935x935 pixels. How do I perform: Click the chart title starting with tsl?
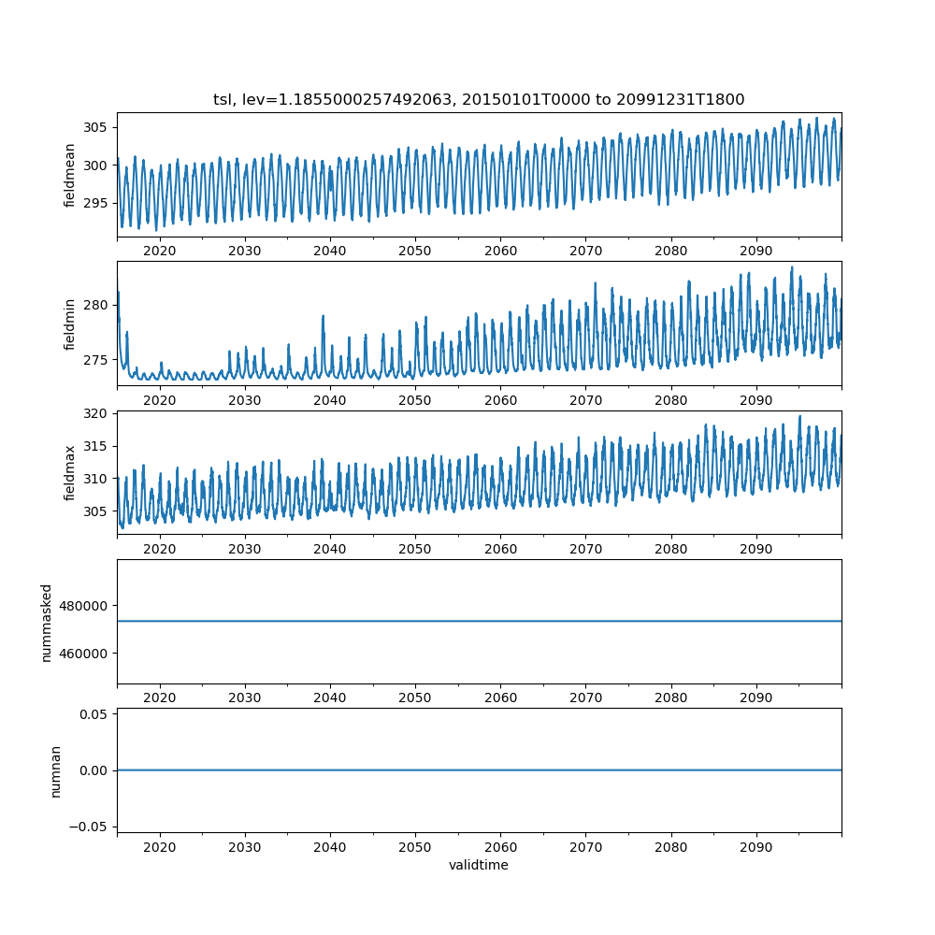pos(479,100)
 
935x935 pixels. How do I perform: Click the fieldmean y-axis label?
pos(71,175)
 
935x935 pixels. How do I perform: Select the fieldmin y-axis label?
pos(71,324)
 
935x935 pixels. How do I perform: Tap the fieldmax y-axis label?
pos(71,473)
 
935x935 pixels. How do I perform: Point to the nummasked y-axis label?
pos(47,622)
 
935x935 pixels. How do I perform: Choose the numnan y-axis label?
pos(55,770)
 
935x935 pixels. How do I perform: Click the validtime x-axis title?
pos(479,866)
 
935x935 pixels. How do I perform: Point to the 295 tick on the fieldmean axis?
pos(96,203)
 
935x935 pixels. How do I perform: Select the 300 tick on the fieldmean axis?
pos(96,165)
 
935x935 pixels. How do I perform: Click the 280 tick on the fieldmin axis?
pos(96,305)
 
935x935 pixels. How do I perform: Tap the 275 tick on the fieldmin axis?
pos(96,360)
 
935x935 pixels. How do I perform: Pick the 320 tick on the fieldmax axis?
pos(96,413)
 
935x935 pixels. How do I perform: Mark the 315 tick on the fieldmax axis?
pos(96,446)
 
